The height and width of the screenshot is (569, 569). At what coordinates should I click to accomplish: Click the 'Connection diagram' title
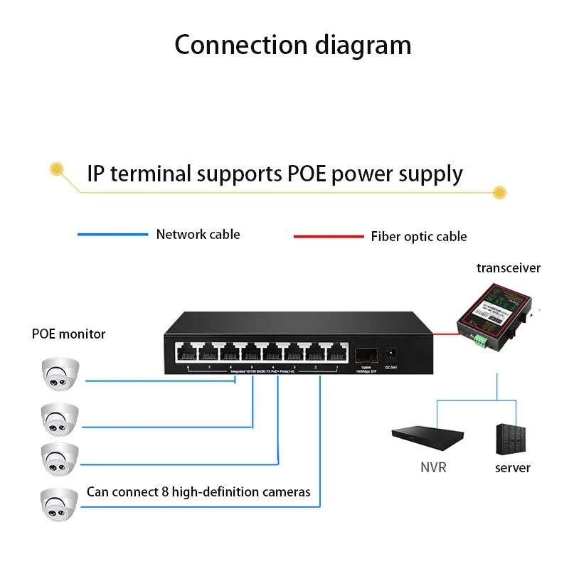point(292,45)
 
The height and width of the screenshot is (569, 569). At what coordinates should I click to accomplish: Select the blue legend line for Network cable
point(112,234)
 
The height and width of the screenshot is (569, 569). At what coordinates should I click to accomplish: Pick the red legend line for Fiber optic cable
point(328,236)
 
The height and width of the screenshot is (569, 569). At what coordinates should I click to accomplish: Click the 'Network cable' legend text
point(198,234)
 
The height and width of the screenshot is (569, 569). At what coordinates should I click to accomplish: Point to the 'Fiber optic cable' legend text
point(419,236)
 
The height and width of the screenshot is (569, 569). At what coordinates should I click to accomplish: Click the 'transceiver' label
point(508,268)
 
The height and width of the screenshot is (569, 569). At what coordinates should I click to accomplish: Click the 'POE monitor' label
point(68,334)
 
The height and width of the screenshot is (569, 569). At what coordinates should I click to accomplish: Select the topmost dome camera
point(59,375)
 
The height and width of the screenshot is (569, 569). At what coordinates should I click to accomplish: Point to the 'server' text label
point(512,467)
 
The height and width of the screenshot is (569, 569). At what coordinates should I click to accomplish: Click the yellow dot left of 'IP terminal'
point(56,169)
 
